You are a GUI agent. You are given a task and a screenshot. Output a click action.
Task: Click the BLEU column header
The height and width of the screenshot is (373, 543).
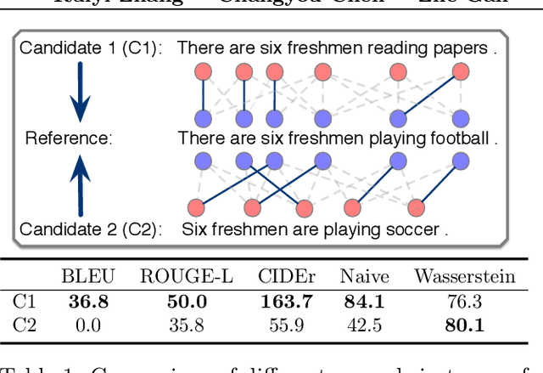[87, 276]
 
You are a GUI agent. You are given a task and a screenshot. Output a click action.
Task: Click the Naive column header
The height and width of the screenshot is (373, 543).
[366, 276]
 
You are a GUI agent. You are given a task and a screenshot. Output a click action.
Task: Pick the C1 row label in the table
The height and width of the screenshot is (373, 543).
[24, 300]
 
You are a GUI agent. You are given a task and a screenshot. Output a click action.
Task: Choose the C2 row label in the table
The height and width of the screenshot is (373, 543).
[24, 324]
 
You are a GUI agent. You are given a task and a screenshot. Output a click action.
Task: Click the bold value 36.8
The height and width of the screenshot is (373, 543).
[87, 300]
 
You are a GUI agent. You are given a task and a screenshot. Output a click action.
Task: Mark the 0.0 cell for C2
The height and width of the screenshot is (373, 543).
[87, 324]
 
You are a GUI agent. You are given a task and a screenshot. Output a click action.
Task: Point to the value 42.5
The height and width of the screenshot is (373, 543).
[366, 324]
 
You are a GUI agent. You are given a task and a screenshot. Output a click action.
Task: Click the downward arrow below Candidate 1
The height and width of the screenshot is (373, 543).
[78, 93]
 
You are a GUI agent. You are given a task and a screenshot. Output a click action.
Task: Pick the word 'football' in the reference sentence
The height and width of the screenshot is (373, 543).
[458, 138]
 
